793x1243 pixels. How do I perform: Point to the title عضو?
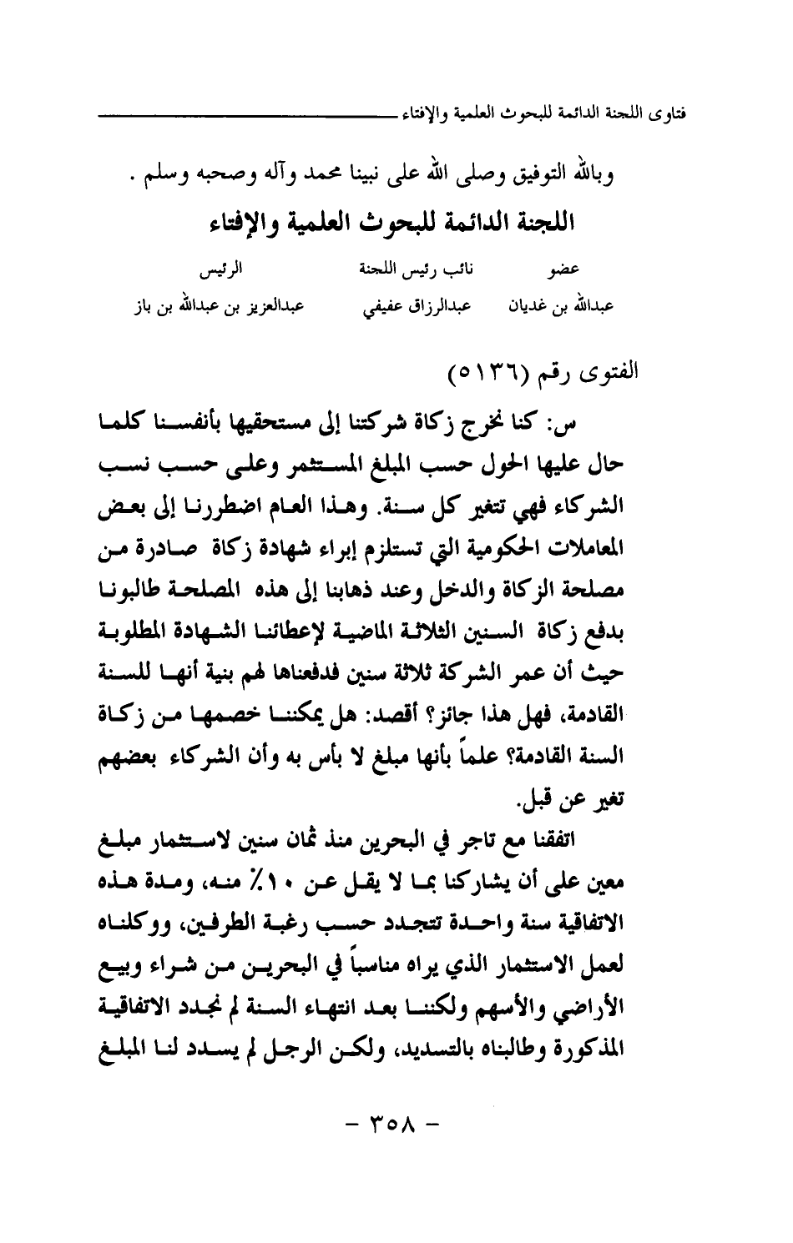click(577, 272)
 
